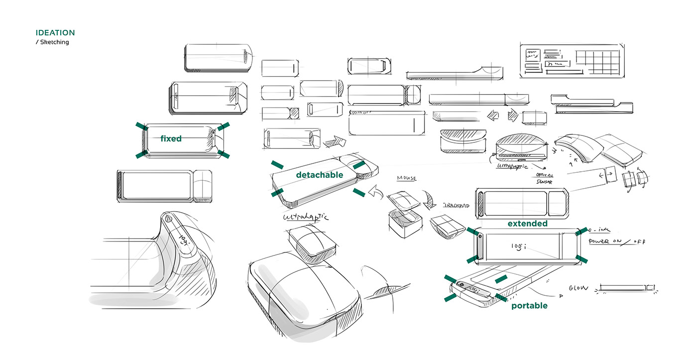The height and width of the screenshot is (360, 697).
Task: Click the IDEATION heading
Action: [x=55, y=33]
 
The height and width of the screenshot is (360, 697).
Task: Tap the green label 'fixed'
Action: [x=171, y=139]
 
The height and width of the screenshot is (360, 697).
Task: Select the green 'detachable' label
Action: [x=319, y=175]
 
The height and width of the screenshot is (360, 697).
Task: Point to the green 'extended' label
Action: [x=527, y=224]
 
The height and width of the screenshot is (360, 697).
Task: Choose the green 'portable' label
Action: [x=529, y=305]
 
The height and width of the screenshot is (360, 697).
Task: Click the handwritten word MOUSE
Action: [x=406, y=178]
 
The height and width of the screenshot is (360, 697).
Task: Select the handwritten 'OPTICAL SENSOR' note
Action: [x=544, y=179]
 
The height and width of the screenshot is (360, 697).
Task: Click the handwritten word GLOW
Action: [x=578, y=288]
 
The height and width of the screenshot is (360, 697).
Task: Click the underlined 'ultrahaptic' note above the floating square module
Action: [x=306, y=218]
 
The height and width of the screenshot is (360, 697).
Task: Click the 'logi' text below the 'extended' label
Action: [x=518, y=246]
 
